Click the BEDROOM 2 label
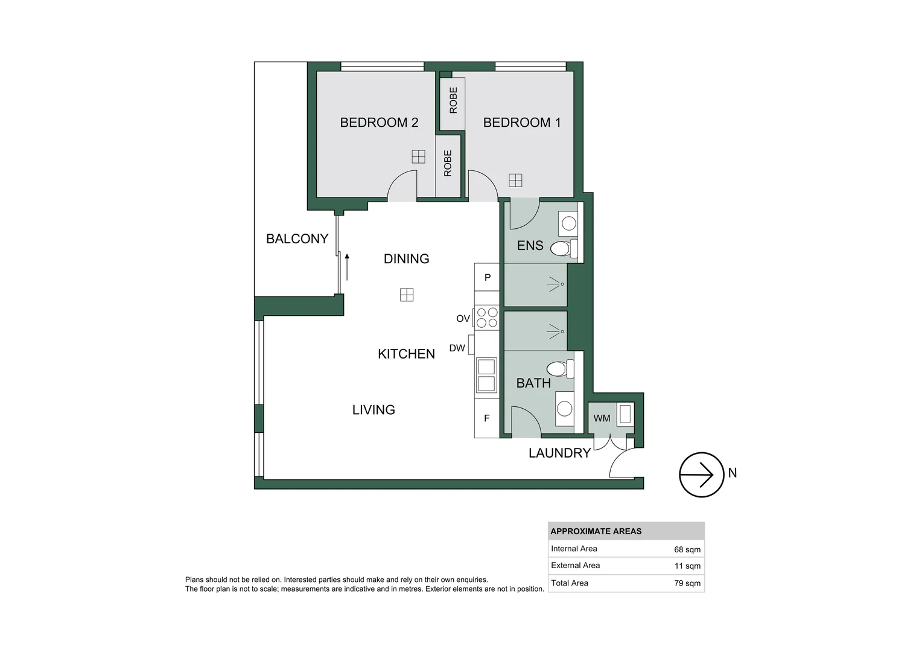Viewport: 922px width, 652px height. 379,123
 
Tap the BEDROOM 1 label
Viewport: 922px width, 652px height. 522,123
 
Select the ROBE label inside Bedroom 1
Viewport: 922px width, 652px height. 453,100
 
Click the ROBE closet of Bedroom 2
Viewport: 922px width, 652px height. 448,164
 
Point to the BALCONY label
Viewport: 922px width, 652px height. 297,238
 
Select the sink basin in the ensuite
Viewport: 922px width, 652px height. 568,224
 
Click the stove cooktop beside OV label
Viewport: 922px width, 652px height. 486,318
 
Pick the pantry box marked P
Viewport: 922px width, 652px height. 487,278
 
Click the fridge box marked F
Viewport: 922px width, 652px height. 486,418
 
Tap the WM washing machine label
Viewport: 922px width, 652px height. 602,418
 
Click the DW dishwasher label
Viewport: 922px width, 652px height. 457,348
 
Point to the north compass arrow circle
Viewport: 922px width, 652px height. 701,475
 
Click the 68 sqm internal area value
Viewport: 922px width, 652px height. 687,549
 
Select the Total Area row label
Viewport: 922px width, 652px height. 569,583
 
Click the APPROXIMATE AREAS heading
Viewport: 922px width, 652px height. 596,531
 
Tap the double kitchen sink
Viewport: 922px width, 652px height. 486,375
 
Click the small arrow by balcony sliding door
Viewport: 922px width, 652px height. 347,266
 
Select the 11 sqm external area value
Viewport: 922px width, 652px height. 687,566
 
